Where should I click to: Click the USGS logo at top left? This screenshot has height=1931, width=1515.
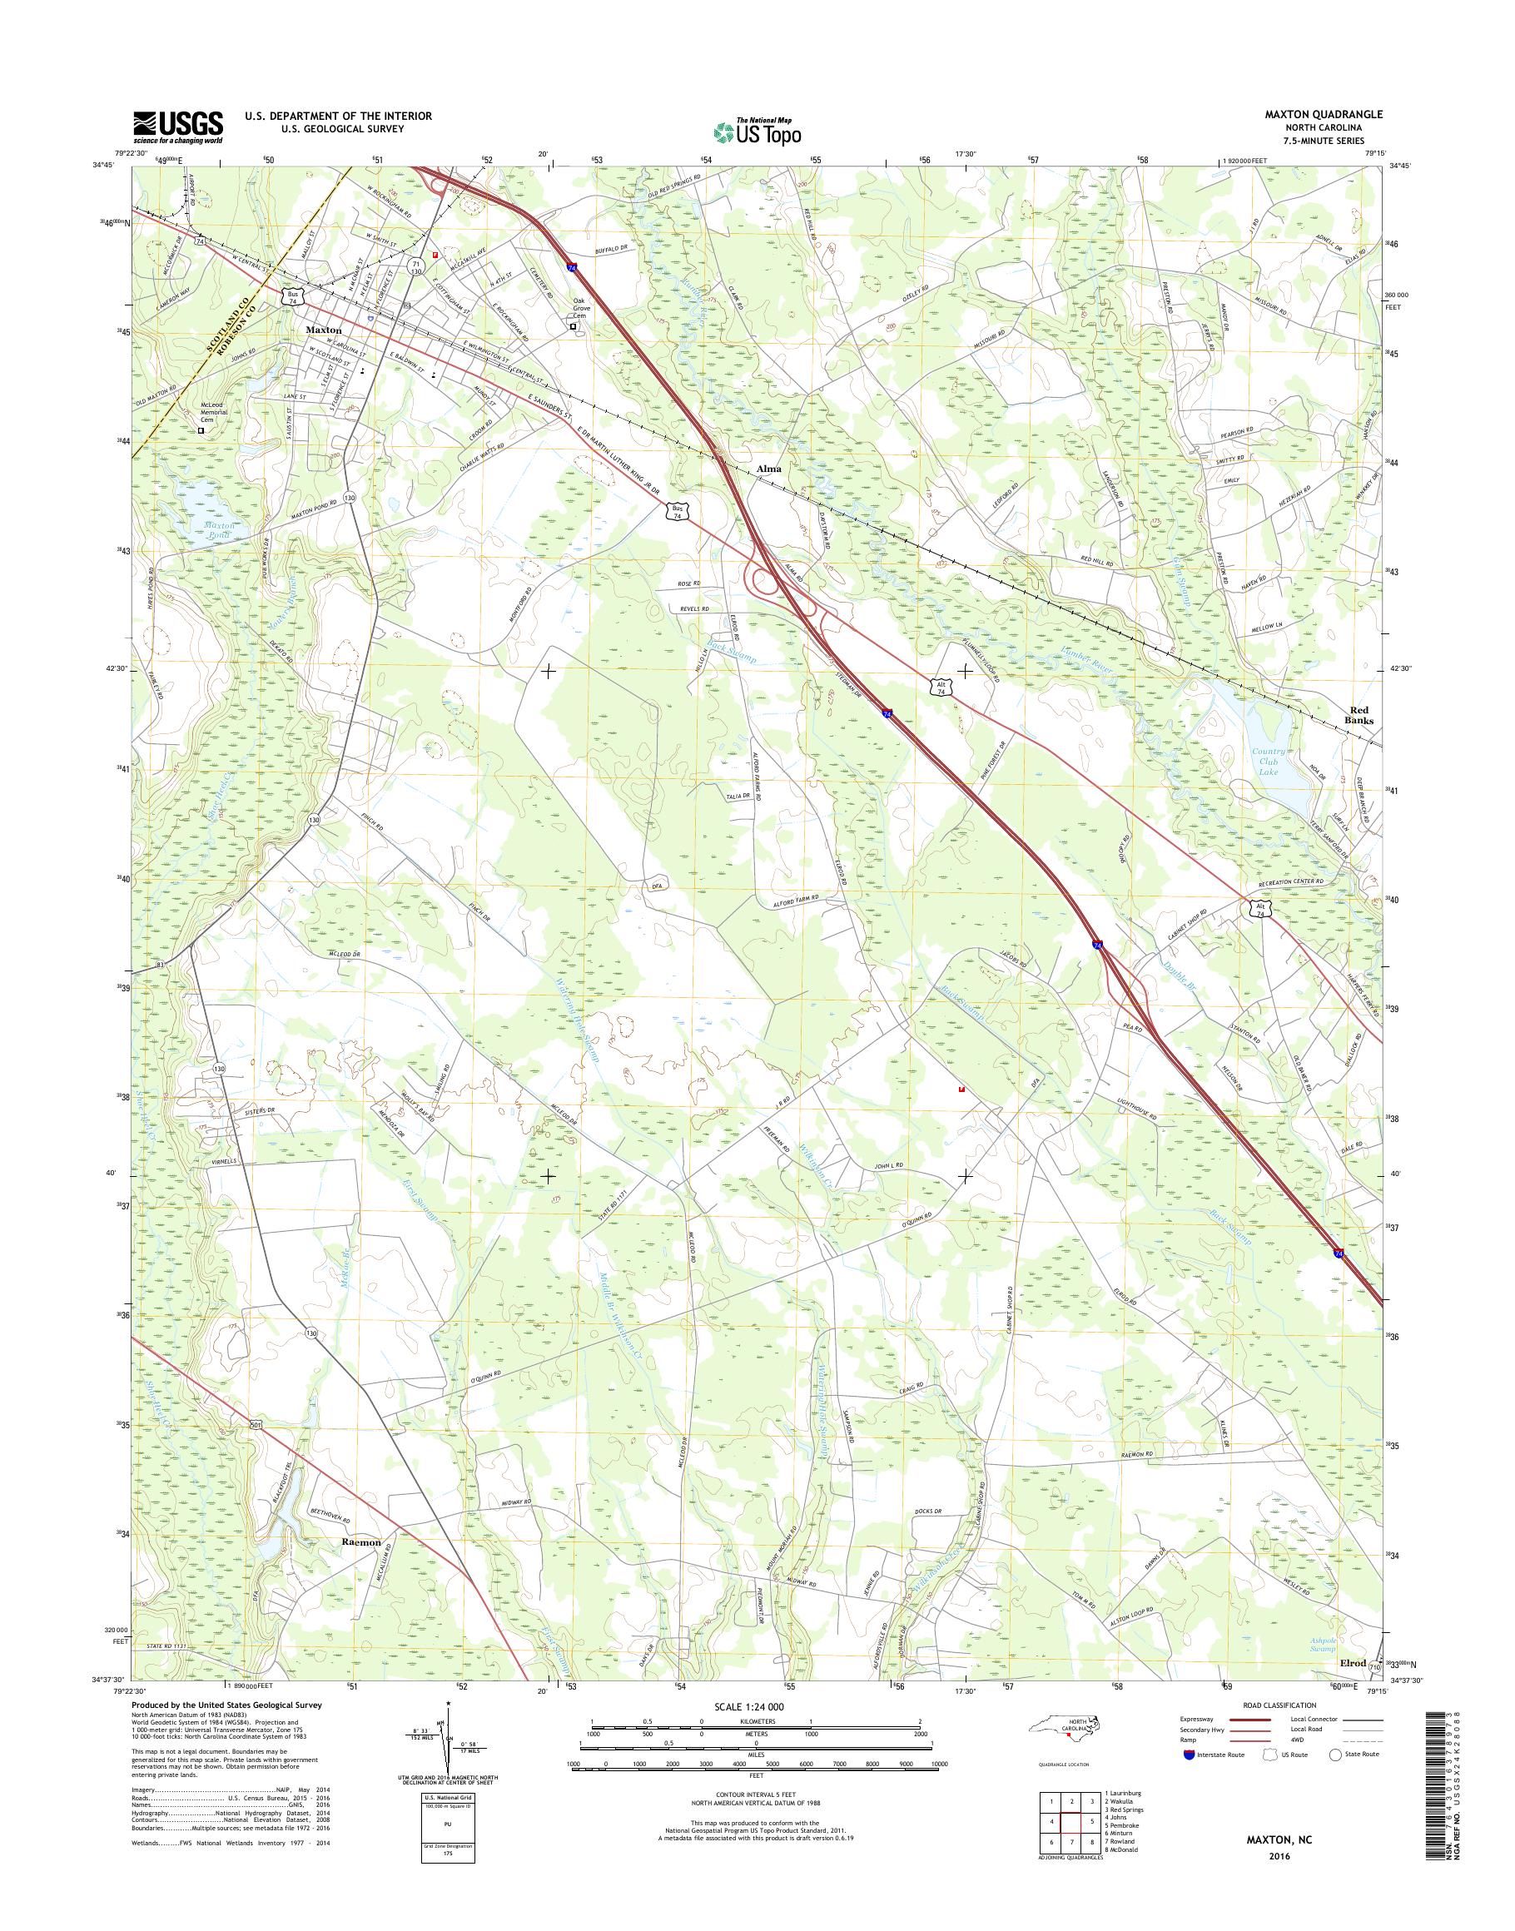click(x=177, y=127)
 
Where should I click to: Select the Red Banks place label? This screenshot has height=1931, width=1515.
click(x=1361, y=716)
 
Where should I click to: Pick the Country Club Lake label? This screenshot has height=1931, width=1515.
click(x=1268, y=762)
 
